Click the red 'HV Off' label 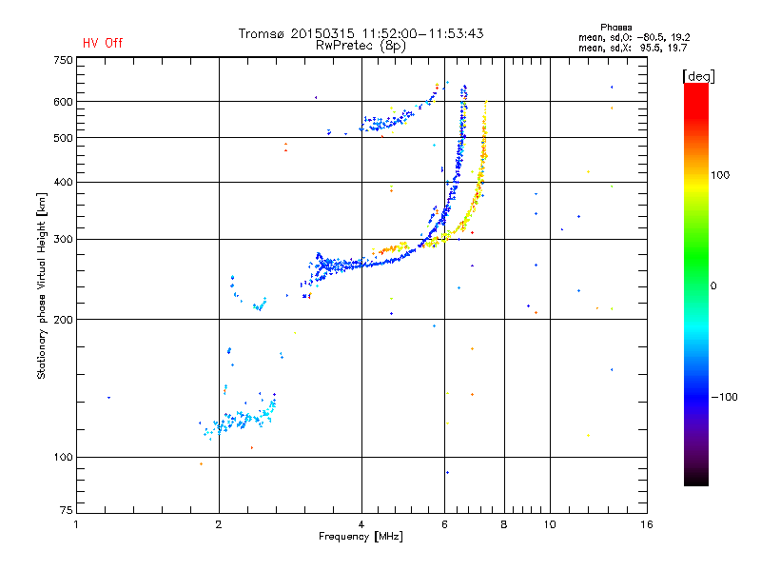[x=102, y=43]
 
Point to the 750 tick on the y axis [x=62, y=60]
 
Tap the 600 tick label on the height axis [x=62, y=102]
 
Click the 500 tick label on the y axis [x=62, y=138]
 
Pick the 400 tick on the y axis [x=62, y=182]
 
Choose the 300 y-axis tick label [x=62, y=239]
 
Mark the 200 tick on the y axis [x=62, y=319]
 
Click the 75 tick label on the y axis [x=65, y=514]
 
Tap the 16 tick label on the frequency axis [x=646, y=524]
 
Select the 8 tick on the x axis [x=504, y=524]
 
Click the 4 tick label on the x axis [x=361, y=524]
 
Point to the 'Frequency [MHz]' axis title [x=361, y=538]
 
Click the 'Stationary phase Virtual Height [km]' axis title [x=42, y=285]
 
